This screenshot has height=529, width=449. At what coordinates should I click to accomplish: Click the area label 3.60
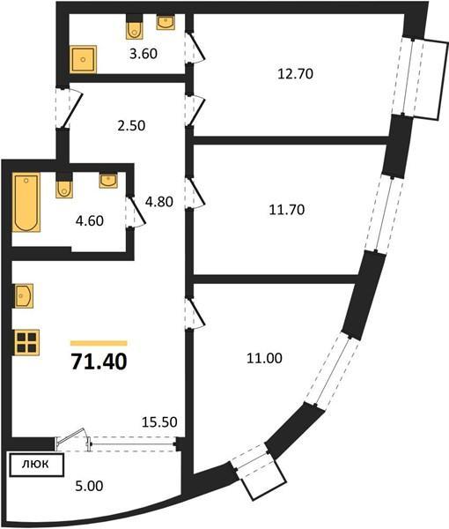click(144, 55)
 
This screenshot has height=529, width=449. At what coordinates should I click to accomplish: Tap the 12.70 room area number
click(295, 75)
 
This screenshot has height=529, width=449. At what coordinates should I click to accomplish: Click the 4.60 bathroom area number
click(90, 220)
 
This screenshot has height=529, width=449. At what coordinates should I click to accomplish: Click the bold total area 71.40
click(98, 361)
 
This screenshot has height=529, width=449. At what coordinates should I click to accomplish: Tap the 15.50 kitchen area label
click(160, 422)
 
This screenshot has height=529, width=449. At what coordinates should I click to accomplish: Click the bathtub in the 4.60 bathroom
click(26, 202)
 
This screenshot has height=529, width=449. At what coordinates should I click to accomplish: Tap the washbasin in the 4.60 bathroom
click(108, 181)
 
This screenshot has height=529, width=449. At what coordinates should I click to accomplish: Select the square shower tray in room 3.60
click(85, 59)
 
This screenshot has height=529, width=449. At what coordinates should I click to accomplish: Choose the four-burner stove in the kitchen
click(26, 341)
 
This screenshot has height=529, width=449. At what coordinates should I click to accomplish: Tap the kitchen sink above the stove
click(24, 294)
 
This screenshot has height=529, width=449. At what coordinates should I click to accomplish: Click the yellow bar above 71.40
click(98, 342)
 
